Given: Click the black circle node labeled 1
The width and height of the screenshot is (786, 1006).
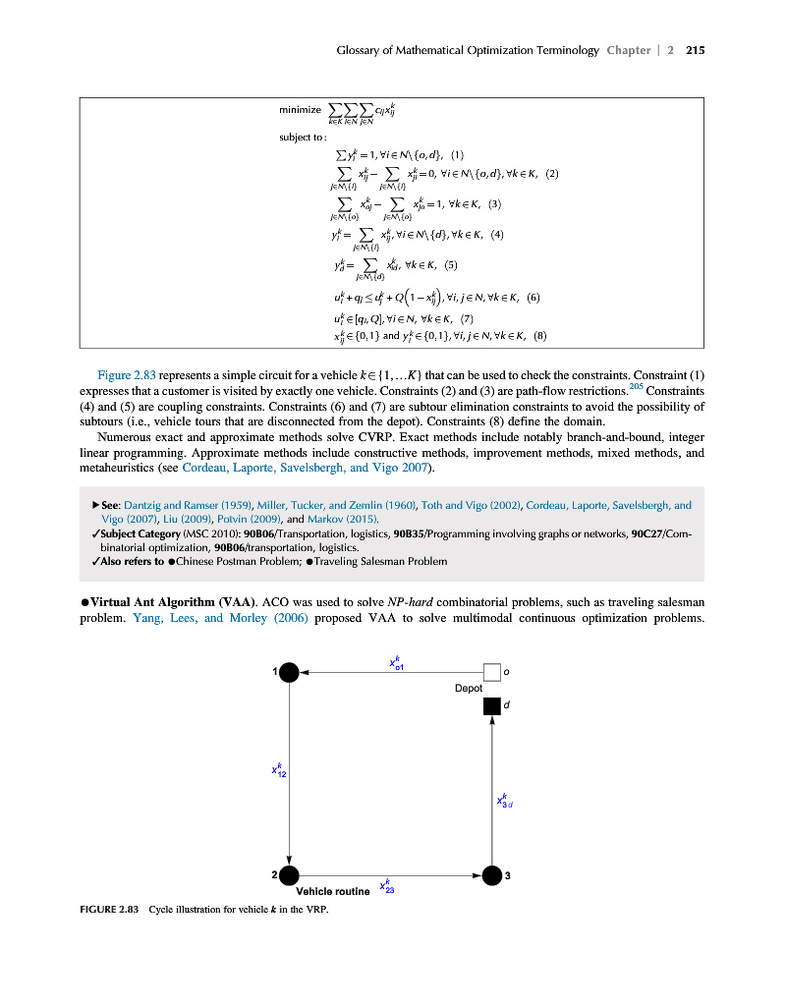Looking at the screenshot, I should (x=289, y=672).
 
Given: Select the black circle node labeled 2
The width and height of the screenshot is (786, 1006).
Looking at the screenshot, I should (x=289, y=875).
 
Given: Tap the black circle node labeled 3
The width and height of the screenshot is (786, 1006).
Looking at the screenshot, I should (x=492, y=875).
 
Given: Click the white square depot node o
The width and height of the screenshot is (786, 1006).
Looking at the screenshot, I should (x=492, y=672).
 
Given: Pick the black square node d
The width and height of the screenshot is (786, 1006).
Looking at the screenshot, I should (x=492, y=705).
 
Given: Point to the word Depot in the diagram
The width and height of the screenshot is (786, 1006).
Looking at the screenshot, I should (x=469, y=689).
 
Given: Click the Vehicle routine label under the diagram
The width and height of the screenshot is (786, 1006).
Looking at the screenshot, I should (x=333, y=892).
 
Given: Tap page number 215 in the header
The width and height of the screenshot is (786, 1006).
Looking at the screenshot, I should (x=696, y=50).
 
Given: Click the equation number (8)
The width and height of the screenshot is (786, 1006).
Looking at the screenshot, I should (x=539, y=335).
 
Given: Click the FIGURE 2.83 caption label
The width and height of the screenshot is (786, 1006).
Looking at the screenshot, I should (x=109, y=908).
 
